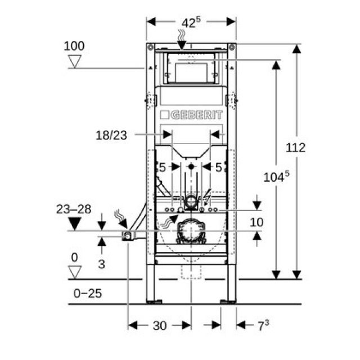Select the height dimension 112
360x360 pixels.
tap(295, 147)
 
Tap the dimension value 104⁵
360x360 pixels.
tap(276, 176)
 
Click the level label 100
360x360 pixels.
tap(74, 45)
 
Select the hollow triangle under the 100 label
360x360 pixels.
tap(74, 61)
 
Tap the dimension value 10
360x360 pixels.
tap(256, 222)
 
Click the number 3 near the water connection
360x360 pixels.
tap(102, 262)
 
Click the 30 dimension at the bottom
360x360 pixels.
tap(160, 325)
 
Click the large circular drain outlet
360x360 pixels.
tap(191, 231)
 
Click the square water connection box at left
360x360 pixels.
tap(129, 236)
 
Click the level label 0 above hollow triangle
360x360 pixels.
tap(74, 257)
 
